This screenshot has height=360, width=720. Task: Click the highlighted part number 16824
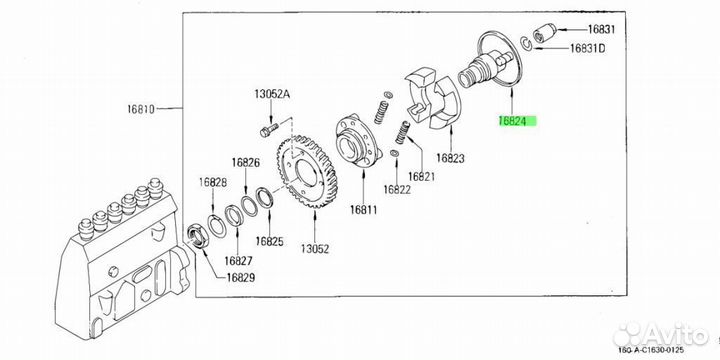click(517, 121)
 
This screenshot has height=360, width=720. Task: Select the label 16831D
click(587, 48)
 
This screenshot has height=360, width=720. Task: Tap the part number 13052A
click(272, 94)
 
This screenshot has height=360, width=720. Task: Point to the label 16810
click(141, 109)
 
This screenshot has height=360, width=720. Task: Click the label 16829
click(240, 277)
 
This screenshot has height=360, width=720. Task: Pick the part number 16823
click(450, 158)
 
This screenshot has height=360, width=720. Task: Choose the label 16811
click(363, 210)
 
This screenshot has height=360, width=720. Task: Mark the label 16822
click(397, 189)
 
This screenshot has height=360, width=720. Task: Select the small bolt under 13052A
click(269, 129)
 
